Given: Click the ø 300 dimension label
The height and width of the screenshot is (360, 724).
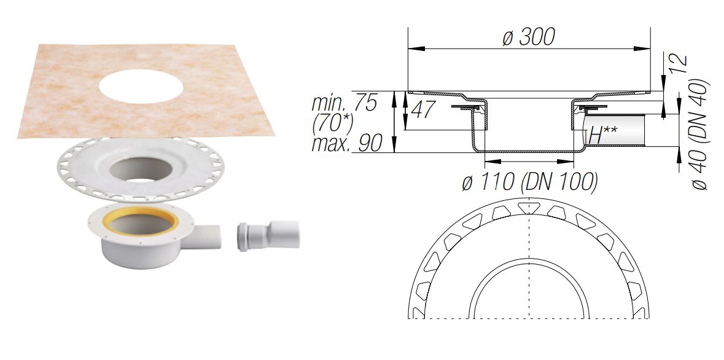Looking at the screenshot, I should [528, 37].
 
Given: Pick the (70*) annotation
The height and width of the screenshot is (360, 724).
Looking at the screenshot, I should [332, 123].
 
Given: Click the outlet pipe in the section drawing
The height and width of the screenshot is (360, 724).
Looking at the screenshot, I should [620, 130].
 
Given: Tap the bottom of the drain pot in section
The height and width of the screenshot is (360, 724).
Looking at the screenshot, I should [529, 151].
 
